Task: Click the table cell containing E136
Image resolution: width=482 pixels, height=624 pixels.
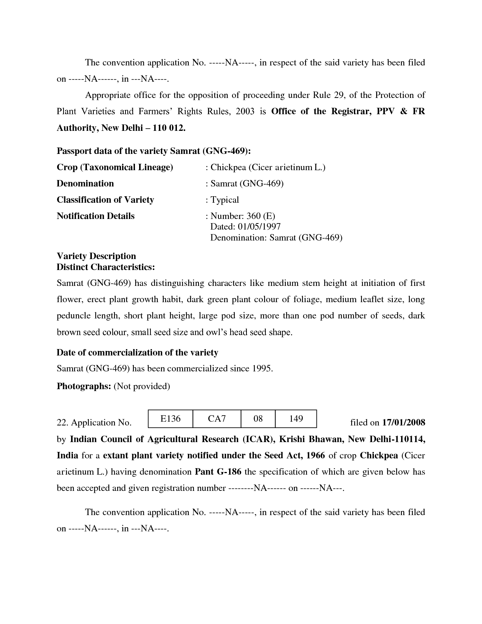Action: click(x=170, y=419)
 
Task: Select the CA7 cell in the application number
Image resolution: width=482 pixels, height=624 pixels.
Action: click(x=217, y=419)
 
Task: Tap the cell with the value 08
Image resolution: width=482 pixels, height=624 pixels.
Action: click(x=258, y=419)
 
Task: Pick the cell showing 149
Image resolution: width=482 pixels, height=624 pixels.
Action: click(x=296, y=419)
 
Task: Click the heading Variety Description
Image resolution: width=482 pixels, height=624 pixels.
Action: click(x=96, y=256)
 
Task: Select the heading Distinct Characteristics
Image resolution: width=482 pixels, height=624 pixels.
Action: click(x=105, y=267)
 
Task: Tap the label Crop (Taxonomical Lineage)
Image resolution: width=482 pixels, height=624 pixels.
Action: click(x=115, y=167)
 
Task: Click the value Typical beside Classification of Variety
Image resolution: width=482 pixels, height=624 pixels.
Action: click(x=225, y=200)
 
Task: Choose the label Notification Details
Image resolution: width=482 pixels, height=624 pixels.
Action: click(x=95, y=216)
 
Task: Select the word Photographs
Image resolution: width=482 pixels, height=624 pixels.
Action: click(x=84, y=386)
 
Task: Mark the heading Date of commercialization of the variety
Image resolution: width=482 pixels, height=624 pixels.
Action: click(x=137, y=352)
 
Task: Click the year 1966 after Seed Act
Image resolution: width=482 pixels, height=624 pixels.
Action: click(x=315, y=455)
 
